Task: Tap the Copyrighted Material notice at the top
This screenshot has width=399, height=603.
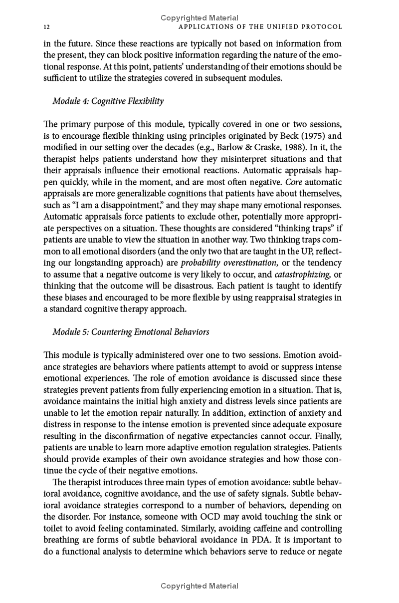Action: coord(199,18)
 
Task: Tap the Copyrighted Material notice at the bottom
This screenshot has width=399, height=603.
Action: coord(199,586)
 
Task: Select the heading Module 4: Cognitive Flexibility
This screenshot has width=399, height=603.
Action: coord(108,101)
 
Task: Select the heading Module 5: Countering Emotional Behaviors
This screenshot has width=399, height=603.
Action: coord(131,332)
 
